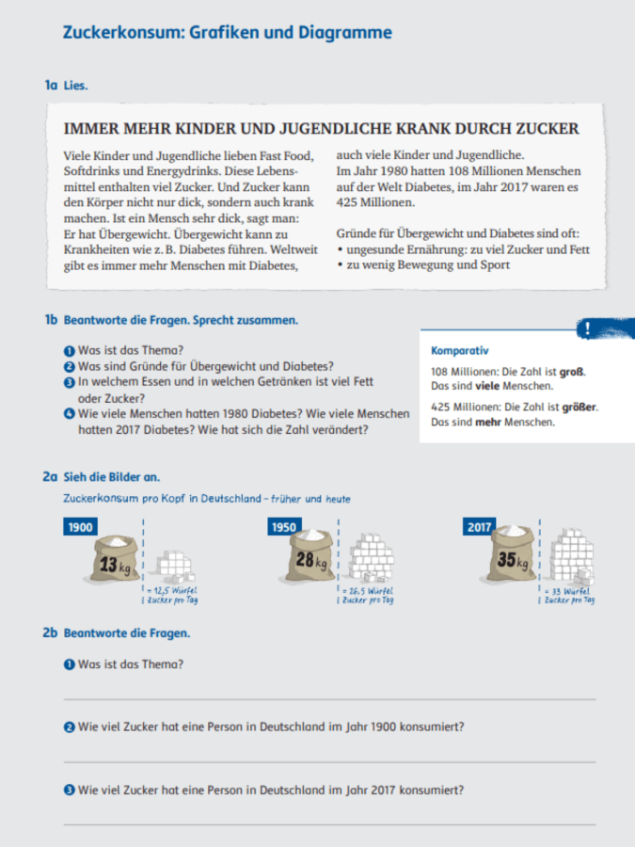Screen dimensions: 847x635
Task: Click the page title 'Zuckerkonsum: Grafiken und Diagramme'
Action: coord(227,33)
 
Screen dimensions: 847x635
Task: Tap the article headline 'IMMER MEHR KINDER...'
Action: coord(321,129)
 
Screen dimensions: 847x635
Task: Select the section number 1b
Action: coord(51,320)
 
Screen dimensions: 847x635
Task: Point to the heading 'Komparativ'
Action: coord(459,351)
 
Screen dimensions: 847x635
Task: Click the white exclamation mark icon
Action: coord(588,328)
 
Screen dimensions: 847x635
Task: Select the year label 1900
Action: coord(80,527)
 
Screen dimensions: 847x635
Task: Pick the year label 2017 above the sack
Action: coord(481,527)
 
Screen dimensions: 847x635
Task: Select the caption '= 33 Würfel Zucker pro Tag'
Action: coord(569,595)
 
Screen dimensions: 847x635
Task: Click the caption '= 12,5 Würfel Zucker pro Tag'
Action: coord(173,595)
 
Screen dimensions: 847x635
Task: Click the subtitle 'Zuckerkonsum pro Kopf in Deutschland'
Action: coord(206,499)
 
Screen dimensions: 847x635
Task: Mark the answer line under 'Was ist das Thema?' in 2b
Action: coord(329,699)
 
